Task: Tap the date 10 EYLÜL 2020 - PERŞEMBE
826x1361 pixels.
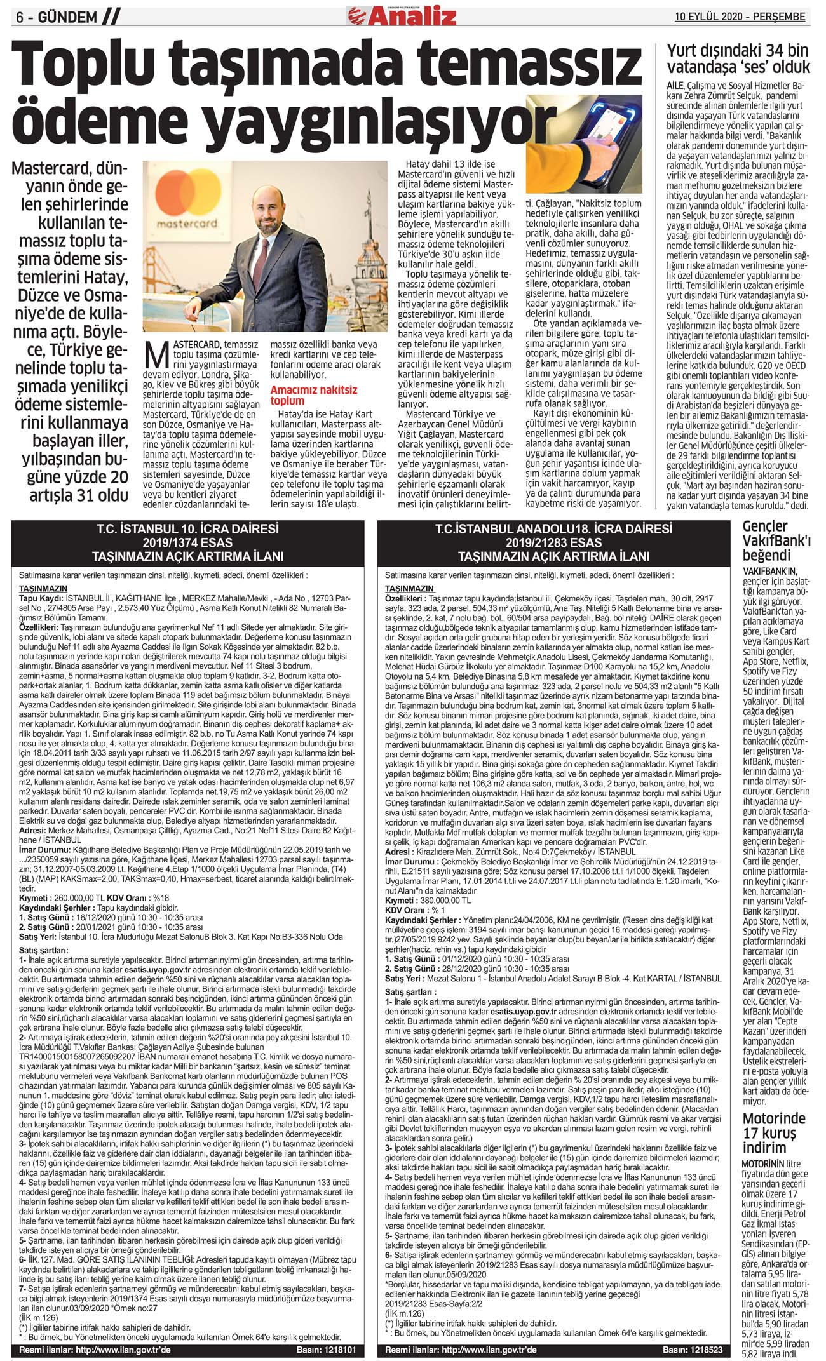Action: (x=740, y=17)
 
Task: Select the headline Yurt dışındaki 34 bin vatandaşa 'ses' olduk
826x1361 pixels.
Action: (x=738, y=59)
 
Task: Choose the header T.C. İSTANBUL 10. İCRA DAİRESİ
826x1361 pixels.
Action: (x=187, y=529)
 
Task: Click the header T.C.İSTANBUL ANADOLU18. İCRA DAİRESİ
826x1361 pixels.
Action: (x=553, y=529)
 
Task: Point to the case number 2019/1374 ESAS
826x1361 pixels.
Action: (x=187, y=542)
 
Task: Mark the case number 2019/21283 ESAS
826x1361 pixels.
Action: (x=553, y=542)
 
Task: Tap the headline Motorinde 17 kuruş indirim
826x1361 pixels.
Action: (x=773, y=1133)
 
